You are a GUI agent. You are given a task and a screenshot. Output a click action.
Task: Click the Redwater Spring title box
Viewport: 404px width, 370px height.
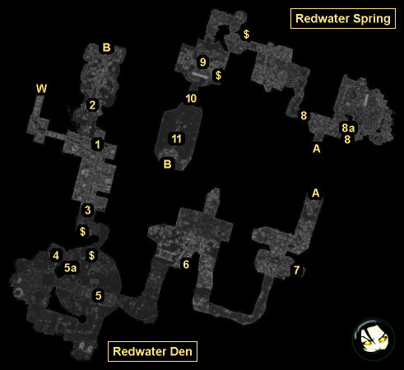[343, 19]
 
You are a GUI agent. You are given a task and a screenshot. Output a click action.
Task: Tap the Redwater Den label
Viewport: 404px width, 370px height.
[152, 351]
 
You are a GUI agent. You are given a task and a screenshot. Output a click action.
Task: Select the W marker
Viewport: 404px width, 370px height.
[41, 89]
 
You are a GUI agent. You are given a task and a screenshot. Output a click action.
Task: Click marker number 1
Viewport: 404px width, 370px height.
[97, 145]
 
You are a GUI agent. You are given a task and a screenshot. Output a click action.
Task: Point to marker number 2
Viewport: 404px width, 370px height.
[92, 104]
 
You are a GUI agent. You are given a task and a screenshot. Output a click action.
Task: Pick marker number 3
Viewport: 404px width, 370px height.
[87, 210]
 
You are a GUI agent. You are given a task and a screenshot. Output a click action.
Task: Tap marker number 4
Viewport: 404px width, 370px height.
[56, 256]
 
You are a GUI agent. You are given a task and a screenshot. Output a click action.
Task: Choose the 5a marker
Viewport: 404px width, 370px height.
[70, 268]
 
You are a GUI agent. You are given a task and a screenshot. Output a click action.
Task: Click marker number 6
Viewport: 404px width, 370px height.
[186, 265]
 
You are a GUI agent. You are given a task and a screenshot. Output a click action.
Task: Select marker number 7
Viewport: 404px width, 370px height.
[296, 271]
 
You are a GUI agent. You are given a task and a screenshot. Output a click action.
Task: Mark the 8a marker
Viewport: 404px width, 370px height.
[348, 128]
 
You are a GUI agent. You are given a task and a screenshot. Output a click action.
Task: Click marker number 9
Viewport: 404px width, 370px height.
[203, 62]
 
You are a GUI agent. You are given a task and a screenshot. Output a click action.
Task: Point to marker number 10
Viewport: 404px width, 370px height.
[191, 99]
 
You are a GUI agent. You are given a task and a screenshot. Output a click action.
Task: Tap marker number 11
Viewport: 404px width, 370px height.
[176, 139]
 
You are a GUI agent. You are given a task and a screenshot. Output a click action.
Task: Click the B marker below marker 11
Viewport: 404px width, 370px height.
[167, 164]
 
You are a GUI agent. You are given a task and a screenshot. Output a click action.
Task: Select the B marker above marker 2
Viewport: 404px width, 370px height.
[106, 48]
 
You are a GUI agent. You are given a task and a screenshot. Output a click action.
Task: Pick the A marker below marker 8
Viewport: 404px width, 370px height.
[317, 149]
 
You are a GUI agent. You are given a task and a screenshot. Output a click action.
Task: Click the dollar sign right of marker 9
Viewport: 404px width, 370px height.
[218, 75]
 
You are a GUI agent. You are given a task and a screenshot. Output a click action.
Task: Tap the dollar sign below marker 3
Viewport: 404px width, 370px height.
[82, 232]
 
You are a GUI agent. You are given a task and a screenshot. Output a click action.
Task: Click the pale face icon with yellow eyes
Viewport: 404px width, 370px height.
[374, 340]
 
